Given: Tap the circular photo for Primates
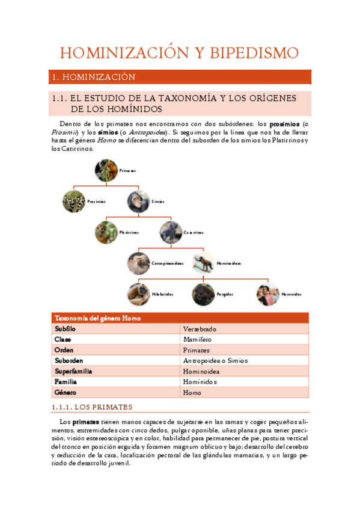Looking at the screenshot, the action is point(106,170).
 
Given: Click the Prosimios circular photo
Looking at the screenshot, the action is point(74,201).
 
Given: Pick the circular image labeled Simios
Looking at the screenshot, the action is point(138,201).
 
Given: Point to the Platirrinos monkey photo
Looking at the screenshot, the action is point(106,232).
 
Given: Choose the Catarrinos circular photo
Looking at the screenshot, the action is point(171,232).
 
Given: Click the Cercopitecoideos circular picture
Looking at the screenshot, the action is point(139,263).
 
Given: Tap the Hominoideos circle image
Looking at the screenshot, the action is point(203,263).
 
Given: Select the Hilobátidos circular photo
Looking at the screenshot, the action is point(139,294).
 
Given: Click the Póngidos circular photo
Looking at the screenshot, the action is point(203,294).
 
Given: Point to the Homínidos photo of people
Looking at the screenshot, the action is point(267,294).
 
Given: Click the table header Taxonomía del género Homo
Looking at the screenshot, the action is point(98,318).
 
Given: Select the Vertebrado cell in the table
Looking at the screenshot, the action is point(200,329).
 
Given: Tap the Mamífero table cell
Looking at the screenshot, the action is point(197,339).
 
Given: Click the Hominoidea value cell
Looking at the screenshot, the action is point(201,371).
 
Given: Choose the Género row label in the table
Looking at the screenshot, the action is point(66,392).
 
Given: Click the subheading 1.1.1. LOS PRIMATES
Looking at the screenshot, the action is point(93,407).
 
